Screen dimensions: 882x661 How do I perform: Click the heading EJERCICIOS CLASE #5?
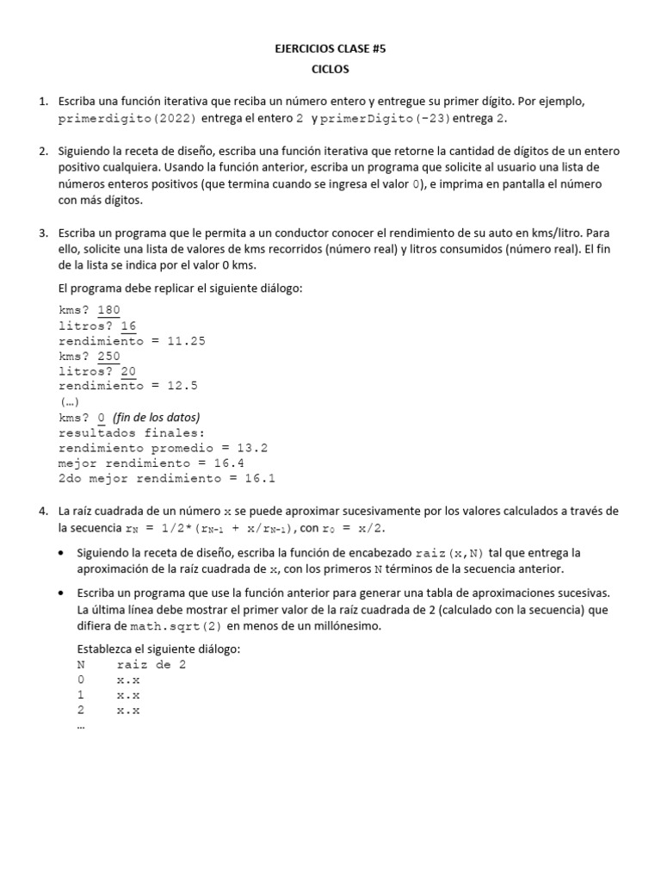pyautogui.click(x=330, y=50)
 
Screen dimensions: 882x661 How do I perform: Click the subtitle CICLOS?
pyautogui.click(x=330, y=69)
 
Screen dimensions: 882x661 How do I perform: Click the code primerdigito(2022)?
pyautogui.click(x=127, y=118)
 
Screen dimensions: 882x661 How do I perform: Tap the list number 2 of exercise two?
pyautogui.click(x=43, y=152)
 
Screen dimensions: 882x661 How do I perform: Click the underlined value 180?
pyautogui.click(x=108, y=310)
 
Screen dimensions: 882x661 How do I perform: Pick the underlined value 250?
pyautogui.click(x=108, y=356)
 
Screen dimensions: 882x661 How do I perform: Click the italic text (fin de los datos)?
pyautogui.click(x=156, y=417)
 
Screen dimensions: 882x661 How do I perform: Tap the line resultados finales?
pyautogui.click(x=132, y=432)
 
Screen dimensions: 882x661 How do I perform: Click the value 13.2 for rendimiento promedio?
pyautogui.click(x=250, y=448)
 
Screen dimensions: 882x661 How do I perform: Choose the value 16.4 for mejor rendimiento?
pyautogui.click(x=228, y=463)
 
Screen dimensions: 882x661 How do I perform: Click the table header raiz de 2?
pyautogui.click(x=151, y=664)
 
